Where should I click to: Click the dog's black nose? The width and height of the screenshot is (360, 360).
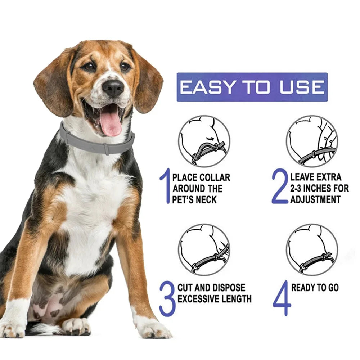pyautogui.click(x=113, y=87)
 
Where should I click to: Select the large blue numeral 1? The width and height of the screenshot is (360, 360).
pyautogui.click(x=165, y=187)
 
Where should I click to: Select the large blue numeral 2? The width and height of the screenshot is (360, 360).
pyautogui.click(x=280, y=187)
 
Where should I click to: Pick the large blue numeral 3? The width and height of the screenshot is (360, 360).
pyautogui.click(x=167, y=299)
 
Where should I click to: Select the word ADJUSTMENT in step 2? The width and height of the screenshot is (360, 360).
pyautogui.click(x=315, y=199)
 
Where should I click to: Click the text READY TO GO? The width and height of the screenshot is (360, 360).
pyautogui.click(x=315, y=288)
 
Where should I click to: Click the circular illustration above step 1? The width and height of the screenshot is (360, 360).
pyautogui.click(x=204, y=141)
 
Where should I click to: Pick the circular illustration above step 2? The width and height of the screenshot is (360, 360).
pyautogui.click(x=312, y=141)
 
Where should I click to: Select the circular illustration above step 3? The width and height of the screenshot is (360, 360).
pyautogui.click(x=204, y=249)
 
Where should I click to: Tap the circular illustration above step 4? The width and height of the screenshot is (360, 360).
pyautogui.click(x=312, y=249)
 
